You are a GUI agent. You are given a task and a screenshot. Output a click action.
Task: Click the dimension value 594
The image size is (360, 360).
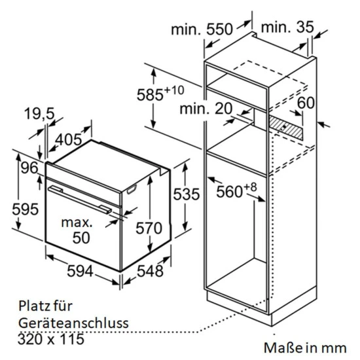[x=80, y=271]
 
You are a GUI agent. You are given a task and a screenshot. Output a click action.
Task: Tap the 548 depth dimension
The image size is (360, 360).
[x=150, y=271]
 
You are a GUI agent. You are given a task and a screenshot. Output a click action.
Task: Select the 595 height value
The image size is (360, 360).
[x=26, y=209]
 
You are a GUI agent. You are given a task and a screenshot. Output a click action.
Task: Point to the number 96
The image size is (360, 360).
[x=29, y=168]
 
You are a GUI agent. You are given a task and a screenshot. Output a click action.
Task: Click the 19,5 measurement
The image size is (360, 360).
[x=39, y=113]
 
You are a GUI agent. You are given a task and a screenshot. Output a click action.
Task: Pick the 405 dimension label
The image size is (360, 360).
[x=69, y=139]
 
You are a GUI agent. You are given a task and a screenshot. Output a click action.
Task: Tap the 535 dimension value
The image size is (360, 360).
[x=186, y=194]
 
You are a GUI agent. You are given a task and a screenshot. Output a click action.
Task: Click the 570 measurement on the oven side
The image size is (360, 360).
[x=149, y=228]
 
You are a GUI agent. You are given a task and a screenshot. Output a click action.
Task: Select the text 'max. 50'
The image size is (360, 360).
[x=77, y=230]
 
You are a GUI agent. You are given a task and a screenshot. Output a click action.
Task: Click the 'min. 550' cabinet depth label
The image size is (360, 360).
[x=202, y=29]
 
